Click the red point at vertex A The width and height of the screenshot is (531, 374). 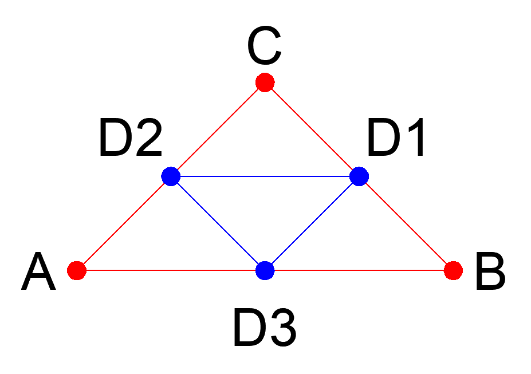76,269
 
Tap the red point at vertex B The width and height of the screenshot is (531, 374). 453,269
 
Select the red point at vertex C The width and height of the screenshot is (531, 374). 265,82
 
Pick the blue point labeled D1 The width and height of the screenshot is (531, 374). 359,176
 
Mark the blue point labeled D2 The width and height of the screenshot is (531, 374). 171,176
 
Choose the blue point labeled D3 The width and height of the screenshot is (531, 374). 265,269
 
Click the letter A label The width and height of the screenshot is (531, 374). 39,274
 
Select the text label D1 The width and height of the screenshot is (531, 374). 396,139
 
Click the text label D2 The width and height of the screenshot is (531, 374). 131,139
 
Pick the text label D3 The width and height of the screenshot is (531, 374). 265,329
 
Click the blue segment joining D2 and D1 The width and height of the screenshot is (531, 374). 265,176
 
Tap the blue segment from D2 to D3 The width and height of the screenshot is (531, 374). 218,223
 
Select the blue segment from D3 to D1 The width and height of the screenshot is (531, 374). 312,223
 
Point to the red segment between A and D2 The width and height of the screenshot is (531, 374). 123,223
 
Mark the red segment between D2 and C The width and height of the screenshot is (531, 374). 218,129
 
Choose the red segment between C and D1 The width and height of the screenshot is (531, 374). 312,129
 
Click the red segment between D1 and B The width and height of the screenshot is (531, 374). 406,223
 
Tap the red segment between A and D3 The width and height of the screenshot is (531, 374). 170,269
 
